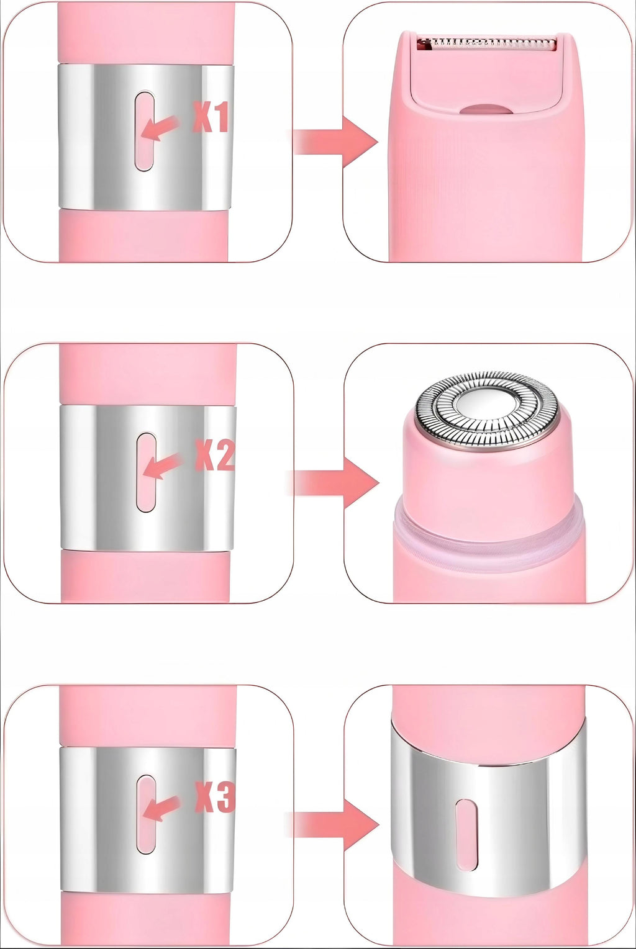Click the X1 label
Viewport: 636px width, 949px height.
click(211, 117)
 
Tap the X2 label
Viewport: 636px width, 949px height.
click(214, 454)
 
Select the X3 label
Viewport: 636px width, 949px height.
click(214, 797)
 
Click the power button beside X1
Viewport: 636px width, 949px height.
click(144, 132)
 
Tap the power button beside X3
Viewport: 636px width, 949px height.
click(146, 814)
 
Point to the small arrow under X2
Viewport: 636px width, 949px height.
click(161, 466)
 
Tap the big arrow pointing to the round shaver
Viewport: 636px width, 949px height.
click(335, 483)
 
